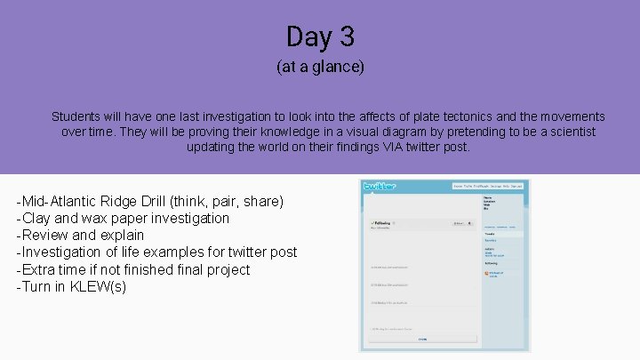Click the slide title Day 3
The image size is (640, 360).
320,37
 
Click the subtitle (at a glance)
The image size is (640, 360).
320,68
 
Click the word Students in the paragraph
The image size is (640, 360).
77,116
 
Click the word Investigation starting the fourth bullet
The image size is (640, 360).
62,252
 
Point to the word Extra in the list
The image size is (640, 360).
39,269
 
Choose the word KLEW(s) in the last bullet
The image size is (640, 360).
100,286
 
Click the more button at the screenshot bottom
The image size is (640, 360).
423,339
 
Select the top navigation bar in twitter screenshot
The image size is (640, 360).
488,186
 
